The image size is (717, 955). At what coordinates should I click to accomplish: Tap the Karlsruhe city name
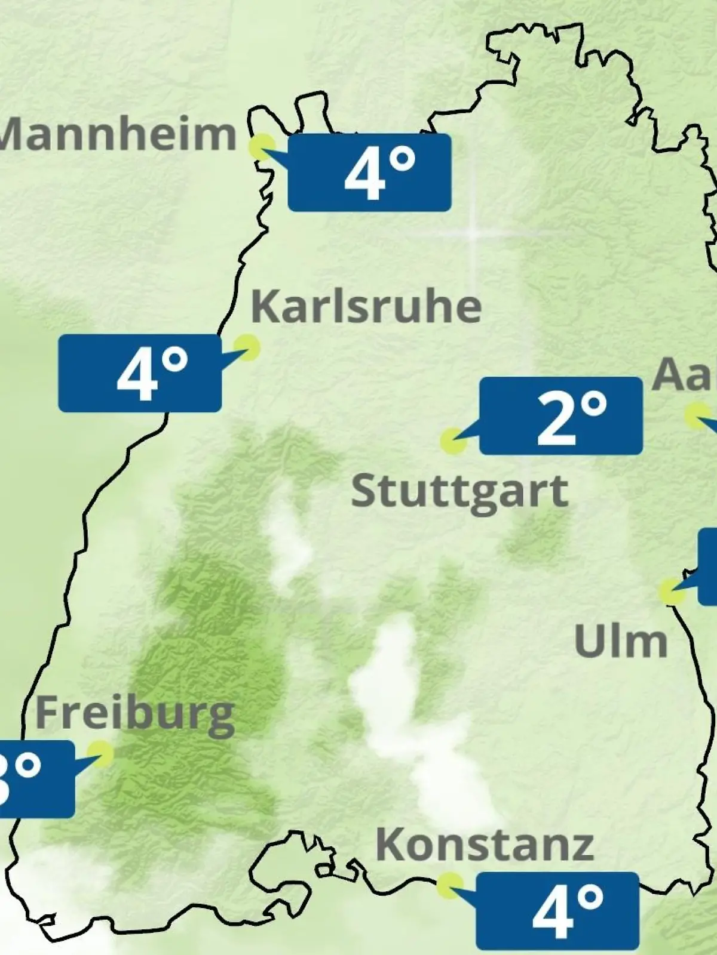(x=366, y=307)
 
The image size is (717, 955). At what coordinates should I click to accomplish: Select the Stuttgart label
(x=459, y=492)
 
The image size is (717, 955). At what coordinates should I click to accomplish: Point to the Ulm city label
(x=620, y=642)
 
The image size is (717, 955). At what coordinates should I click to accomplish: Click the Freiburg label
(x=135, y=714)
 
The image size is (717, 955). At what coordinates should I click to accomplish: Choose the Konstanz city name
(x=485, y=845)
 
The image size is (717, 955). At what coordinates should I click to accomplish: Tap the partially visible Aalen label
(x=685, y=374)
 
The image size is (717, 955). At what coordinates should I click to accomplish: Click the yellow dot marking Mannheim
(x=261, y=146)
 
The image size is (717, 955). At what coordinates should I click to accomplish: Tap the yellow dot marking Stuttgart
(x=452, y=441)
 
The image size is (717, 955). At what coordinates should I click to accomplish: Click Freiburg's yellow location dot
(x=100, y=754)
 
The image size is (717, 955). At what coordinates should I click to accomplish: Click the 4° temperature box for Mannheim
(x=370, y=172)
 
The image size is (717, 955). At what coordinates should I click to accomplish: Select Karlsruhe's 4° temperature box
(x=140, y=373)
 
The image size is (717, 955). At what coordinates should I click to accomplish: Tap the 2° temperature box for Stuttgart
(x=561, y=416)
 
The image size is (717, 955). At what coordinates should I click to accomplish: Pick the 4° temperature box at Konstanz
(x=557, y=911)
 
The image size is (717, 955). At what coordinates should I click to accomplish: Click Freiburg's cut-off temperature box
(x=36, y=779)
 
